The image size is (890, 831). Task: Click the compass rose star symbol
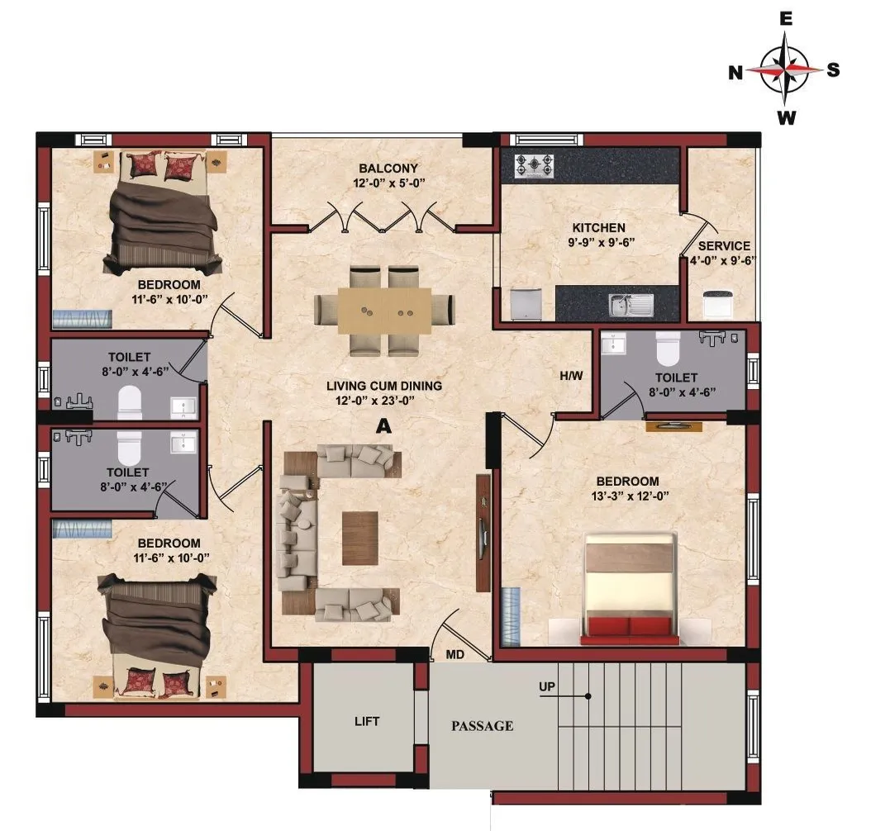[x=784, y=70]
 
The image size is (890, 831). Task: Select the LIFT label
[x=367, y=721]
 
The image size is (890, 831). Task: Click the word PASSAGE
[x=482, y=726]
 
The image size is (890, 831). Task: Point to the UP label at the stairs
[x=546, y=686]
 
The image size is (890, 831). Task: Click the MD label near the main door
[x=455, y=654]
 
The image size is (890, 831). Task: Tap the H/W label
[x=571, y=376]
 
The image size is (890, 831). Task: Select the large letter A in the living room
[x=383, y=425]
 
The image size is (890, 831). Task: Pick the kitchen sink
[x=631, y=305]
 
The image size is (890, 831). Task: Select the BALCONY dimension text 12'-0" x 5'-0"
[x=383, y=184]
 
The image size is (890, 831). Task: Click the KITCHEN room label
[x=599, y=227]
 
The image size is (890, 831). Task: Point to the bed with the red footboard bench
[x=631, y=588]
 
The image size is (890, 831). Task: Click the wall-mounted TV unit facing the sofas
[x=483, y=533]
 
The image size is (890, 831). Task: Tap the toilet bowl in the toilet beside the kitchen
[x=667, y=350]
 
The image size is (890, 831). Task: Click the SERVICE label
[x=724, y=245]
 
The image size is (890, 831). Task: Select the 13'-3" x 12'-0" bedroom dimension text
[x=628, y=496]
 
